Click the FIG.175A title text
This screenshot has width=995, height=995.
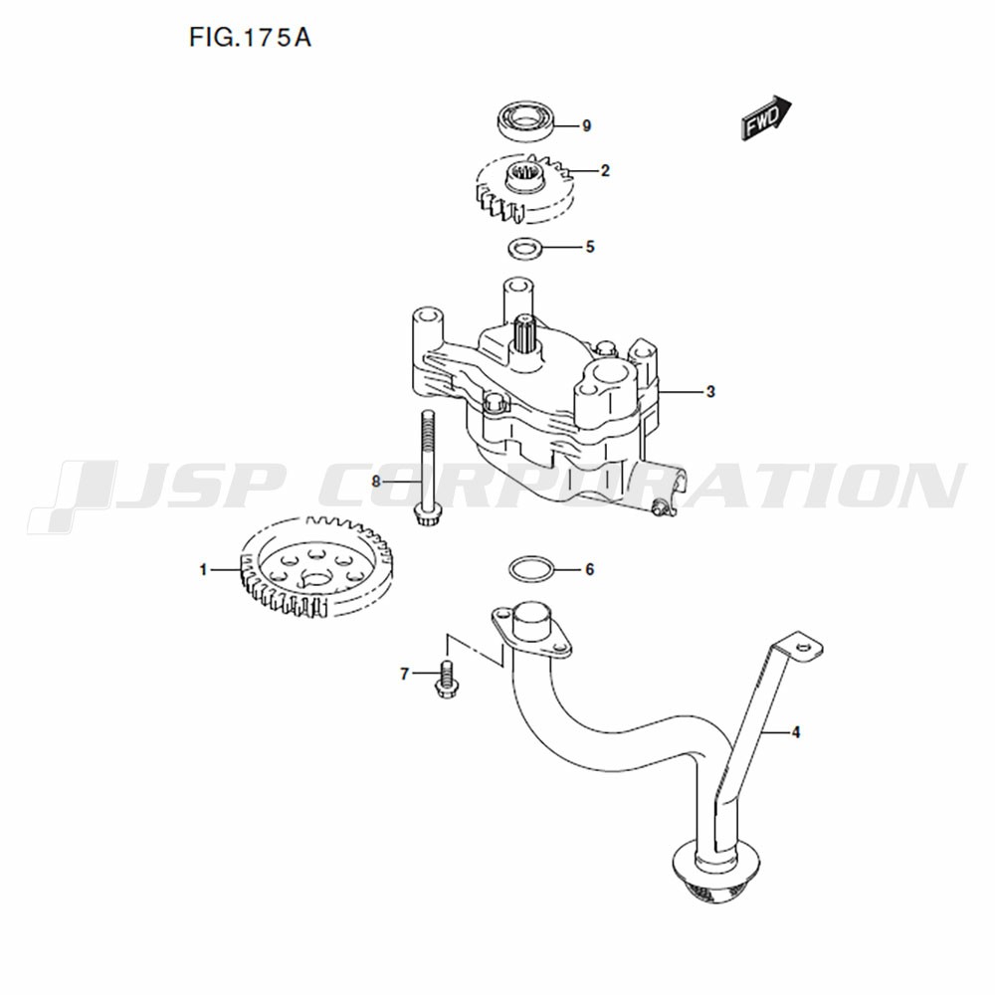pyautogui.click(x=250, y=38)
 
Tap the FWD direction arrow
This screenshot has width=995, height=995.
pyautogui.click(x=766, y=118)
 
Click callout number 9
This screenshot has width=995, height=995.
pyautogui.click(x=586, y=126)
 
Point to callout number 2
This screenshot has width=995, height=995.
pyautogui.click(x=605, y=171)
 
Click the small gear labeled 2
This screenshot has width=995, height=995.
pyautogui.click(x=526, y=188)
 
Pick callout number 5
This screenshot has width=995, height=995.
pyautogui.click(x=590, y=246)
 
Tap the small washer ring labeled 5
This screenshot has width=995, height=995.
pyautogui.click(x=525, y=247)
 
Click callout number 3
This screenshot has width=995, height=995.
pyautogui.click(x=710, y=391)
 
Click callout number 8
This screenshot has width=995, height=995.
pyautogui.click(x=376, y=482)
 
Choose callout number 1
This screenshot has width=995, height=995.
pyautogui.click(x=203, y=570)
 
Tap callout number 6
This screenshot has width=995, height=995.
pyautogui.click(x=589, y=570)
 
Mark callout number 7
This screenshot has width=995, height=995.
pyautogui.click(x=405, y=674)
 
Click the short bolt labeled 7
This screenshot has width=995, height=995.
pyautogui.click(x=447, y=680)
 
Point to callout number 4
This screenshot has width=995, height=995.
pyautogui.click(x=796, y=732)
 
